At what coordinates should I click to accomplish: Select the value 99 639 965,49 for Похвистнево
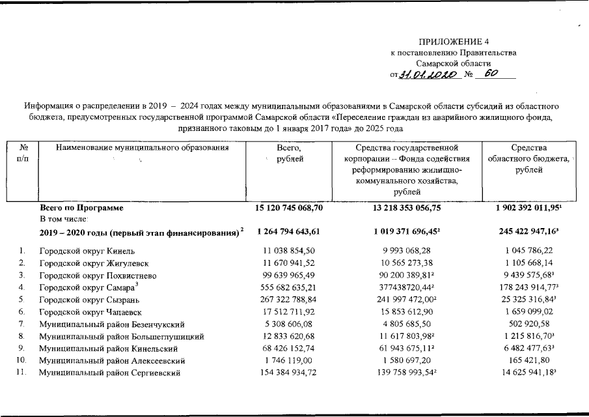pos(290,275)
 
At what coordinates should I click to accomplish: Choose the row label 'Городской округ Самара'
pos(88,287)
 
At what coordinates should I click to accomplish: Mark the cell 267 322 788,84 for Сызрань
pos(290,299)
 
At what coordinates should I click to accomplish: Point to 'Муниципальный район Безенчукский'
pos(112,324)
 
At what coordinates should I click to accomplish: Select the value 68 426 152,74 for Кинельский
pos(290,349)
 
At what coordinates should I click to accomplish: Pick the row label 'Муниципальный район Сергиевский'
pos(109,373)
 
